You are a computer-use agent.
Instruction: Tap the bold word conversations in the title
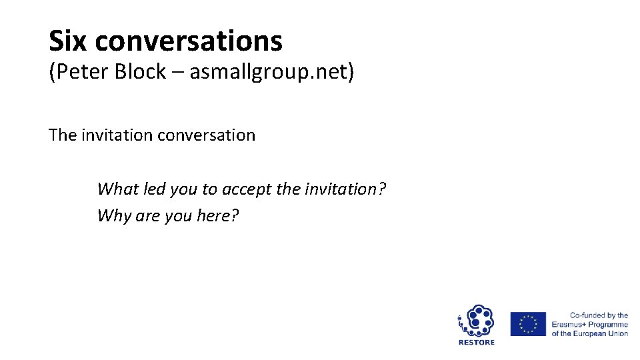[189, 41]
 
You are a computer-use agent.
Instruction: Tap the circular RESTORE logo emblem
[476, 321]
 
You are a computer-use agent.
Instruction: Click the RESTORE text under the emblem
[477, 343]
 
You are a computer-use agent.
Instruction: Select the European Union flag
[528, 324]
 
